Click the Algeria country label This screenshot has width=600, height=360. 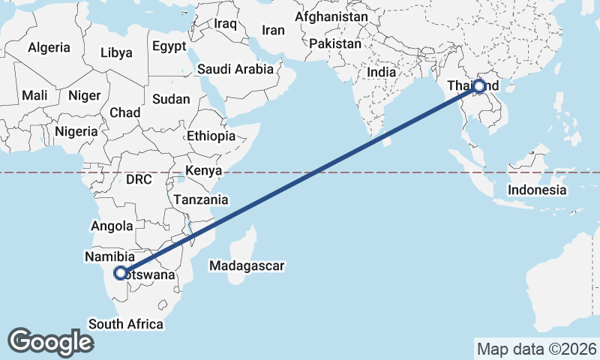pyautogui.click(x=49, y=47)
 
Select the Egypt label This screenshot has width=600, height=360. pyautogui.click(x=169, y=46)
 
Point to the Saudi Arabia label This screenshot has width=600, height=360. pyautogui.click(x=235, y=69)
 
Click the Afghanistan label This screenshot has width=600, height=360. pyautogui.click(x=331, y=16)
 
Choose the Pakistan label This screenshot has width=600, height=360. pyautogui.click(x=334, y=43)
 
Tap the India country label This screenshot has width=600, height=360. pyautogui.click(x=381, y=73)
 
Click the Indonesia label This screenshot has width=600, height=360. pyautogui.click(x=537, y=190)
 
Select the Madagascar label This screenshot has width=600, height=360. pyautogui.click(x=246, y=265)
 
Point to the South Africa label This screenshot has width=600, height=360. pyautogui.click(x=126, y=324)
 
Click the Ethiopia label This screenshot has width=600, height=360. pyautogui.click(x=211, y=136)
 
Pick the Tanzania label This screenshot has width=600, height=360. pyautogui.click(x=200, y=199)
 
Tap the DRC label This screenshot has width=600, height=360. pyautogui.click(x=139, y=180)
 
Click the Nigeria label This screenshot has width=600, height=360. pyautogui.click(x=76, y=131)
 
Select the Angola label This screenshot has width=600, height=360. pyautogui.click(x=112, y=226)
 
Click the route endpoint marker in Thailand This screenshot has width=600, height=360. pyautogui.click(x=479, y=86)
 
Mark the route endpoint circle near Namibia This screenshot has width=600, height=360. pyautogui.click(x=121, y=273)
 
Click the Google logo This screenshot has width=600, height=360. pyautogui.click(x=50, y=342)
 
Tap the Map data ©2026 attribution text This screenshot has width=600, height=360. pyautogui.click(x=536, y=349)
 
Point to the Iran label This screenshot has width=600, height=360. pyautogui.click(x=273, y=30)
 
